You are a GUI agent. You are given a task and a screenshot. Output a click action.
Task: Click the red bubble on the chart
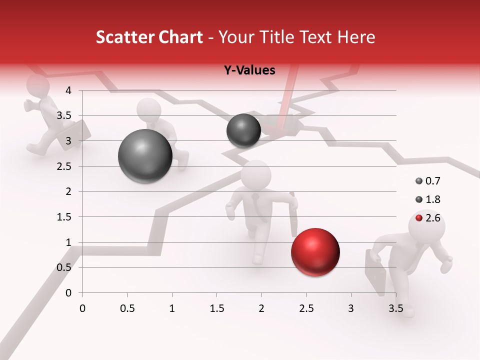click(315, 252)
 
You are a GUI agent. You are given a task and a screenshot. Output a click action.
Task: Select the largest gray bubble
click(145, 156)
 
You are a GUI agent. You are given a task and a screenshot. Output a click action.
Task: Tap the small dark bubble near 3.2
click(243, 130)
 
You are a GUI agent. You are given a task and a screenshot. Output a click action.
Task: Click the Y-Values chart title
click(249, 70)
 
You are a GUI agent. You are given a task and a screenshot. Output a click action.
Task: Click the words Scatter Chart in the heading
click(149, 37)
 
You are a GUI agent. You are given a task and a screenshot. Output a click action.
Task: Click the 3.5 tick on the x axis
click(395, 308)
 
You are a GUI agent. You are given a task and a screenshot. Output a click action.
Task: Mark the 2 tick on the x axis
click(261, 308)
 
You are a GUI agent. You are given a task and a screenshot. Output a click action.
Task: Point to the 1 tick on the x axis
click(172, 308)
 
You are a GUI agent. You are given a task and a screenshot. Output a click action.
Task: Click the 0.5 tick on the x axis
click(127, 308)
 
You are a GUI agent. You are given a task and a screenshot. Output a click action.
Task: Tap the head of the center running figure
click(256, 174)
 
